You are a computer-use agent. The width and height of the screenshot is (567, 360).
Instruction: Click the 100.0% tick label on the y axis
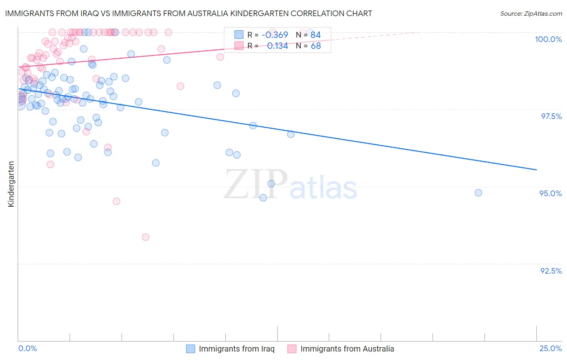coord(548,39)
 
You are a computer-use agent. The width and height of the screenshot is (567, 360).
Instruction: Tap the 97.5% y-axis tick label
coord(551,116)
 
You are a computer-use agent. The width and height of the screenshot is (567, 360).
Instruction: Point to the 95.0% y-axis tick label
coord(550,193)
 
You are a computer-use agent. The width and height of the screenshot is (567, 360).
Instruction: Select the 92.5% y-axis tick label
coord(551,271)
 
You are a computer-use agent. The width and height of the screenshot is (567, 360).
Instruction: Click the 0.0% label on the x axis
coord(27,348)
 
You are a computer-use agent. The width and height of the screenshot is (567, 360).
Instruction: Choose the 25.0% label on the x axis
coord(550,348)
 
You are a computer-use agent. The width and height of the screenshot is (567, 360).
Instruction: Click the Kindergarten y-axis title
coord(11,184)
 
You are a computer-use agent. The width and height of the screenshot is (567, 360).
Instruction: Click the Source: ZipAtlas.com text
coord(531,13)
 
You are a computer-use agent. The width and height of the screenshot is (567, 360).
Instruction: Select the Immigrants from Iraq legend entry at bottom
coord(236,349)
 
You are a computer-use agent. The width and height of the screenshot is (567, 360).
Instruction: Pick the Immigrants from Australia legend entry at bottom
coord(347,349)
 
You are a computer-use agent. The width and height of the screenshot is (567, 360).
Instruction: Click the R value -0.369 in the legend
coord(275,35)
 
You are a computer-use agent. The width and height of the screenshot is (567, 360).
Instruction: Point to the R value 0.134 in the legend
coord(277,46)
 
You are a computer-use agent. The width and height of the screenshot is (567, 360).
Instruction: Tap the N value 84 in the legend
coord(315,35)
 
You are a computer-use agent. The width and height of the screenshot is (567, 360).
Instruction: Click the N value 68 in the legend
coord(315,46)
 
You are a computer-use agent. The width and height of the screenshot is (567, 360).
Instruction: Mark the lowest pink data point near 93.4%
coord(146,237)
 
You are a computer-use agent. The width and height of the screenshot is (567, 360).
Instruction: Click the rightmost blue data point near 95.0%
coord(478,193)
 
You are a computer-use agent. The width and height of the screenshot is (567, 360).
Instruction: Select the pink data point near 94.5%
coord(116,201)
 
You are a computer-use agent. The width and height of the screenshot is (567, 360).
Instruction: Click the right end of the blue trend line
coord(536,170)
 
